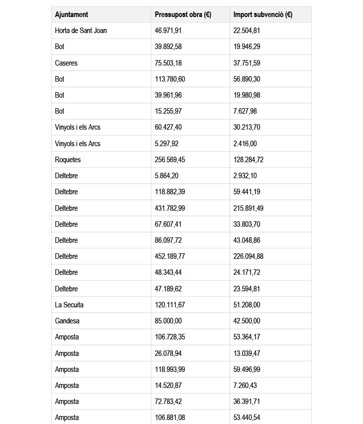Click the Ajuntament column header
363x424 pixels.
coord(72,15)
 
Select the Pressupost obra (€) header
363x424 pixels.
coord(183,15)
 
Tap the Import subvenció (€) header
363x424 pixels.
coord(263,15)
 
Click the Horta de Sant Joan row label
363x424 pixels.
coord(81,31)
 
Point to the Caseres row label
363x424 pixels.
coord(66,63)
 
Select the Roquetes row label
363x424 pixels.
coord(68,160)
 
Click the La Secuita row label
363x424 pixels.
coord(69,305)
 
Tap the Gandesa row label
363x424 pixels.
coord(67,321)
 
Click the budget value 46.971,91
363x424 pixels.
coord(168,31)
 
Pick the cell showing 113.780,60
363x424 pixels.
coord(170,79)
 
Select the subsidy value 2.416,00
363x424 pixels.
coord(245,144)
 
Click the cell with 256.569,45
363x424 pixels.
coord(170,160)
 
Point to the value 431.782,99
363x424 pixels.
coord(170,208)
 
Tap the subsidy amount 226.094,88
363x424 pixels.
coord(249,256)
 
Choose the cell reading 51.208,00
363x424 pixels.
coord(247,305)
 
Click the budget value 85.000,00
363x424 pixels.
coord(168,321)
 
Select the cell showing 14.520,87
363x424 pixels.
coord(168,385)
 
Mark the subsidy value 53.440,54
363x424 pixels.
coord(247,417)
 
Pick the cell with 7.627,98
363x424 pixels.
coord(245,111)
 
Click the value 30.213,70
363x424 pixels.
coord(247,127)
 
